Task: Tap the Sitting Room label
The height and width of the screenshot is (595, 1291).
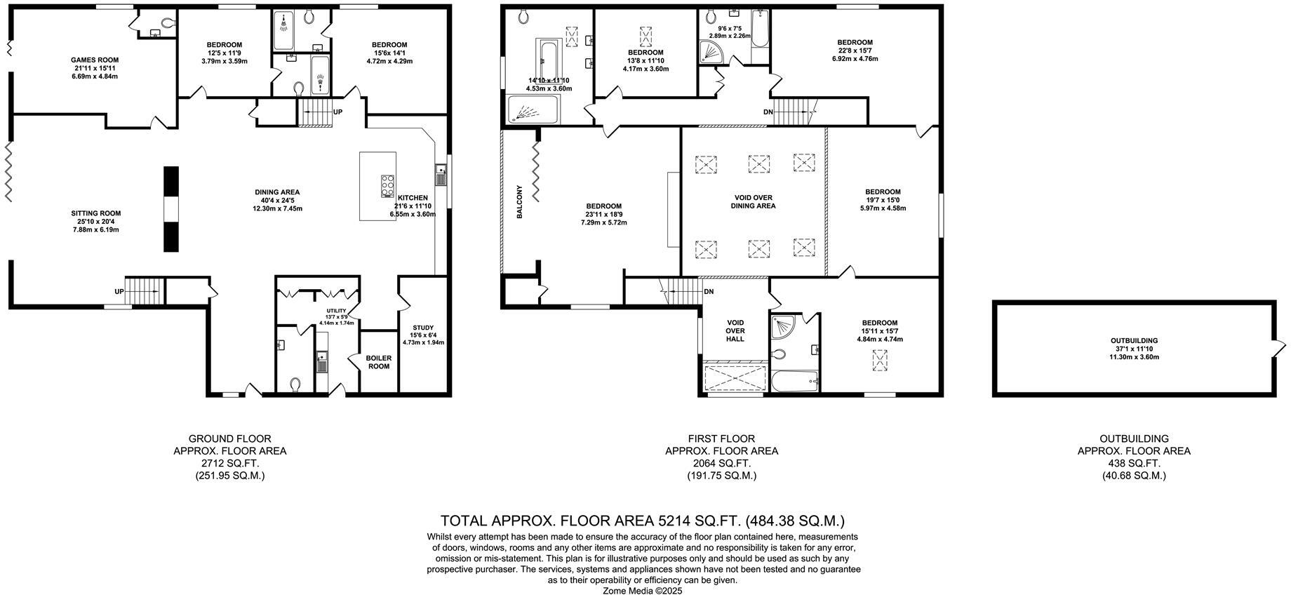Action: click(x=95, y=213)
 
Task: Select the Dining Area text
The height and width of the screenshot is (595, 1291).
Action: click(x=277, y=192)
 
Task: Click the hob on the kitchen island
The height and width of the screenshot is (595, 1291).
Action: click(x=387, y=186)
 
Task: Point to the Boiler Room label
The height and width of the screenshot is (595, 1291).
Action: click(x=378, y=361)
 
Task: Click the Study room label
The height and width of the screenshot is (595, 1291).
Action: click(x=423, y=328)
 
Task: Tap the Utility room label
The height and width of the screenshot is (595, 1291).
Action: click(x=336, y=309)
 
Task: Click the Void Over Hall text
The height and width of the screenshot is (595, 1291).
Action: click(x=735, y=330)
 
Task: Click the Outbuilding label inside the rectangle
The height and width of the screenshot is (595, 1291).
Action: click(x=1134, y=341)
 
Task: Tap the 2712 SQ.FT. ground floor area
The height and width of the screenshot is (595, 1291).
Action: click(x=229, y=463)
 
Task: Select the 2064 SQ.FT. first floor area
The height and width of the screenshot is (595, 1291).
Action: click(x=721, y=463)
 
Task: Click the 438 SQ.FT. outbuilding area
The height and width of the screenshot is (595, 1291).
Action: click(x=1134, y=463)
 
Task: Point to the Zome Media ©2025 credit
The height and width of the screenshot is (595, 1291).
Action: click(x=642, y=590)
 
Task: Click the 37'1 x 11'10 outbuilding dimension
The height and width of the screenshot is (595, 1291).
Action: click(x=1134, y=349)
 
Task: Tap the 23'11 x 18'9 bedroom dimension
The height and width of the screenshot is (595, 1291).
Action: click(x=603, y=215)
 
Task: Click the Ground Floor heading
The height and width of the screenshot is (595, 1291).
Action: click(x=229, y=439)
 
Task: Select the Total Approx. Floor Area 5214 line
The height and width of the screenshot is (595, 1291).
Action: click(x=642, y=521)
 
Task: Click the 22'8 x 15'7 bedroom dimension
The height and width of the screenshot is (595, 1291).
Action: click(x=855, y=51)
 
